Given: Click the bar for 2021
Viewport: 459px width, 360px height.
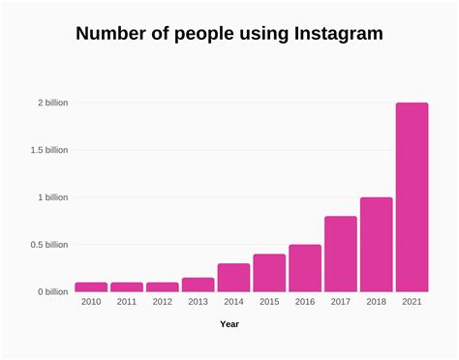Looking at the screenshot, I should [x=412, y=197].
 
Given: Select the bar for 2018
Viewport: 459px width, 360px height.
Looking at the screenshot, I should [x=376, y=245].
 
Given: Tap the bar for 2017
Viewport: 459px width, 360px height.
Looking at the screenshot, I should [x=340, y=254].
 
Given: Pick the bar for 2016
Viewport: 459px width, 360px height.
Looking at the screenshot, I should [x=304, y=268].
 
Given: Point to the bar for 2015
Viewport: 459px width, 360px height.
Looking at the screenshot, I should [x=269, y=273].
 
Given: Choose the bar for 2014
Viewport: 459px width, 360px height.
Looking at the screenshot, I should [x=233, y=278].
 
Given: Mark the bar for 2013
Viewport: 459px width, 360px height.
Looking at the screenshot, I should [x=198, y=285].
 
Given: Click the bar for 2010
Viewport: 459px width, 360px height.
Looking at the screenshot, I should [x=91, y=286].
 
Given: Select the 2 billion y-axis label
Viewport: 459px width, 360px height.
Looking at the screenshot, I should [x=53, y=103].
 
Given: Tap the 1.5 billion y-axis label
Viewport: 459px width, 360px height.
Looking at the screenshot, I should [x=48, y=150].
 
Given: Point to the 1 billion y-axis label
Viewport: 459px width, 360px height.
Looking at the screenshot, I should [x=53, y=197].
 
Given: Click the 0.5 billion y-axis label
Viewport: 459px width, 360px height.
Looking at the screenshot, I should [x=48, y=245].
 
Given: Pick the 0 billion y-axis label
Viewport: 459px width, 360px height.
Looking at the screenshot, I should [x=53, y=292].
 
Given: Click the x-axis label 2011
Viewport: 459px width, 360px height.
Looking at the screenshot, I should [x=127, y=303].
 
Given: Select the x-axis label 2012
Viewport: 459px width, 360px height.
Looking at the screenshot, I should [x=162, y=303].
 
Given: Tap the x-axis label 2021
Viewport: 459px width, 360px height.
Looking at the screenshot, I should [x=412, y=303].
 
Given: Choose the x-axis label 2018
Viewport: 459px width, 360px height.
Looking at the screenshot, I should [x=376, y=303].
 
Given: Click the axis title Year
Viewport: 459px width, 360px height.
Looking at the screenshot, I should [x=229, y=324].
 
